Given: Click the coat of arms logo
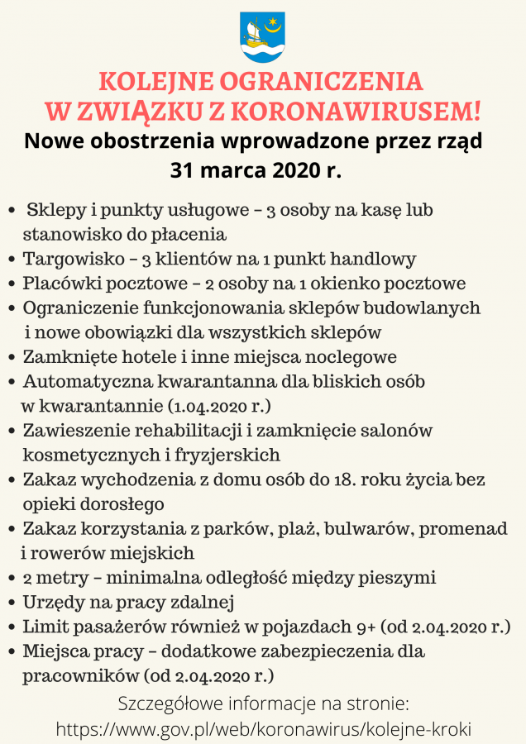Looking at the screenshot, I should [x=262, y=36].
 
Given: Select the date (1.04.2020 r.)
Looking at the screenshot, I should [x=219, y=407].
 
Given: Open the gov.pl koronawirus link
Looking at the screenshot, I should [x=264, y=729].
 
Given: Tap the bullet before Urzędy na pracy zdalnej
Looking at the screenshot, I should [x=12, y=603].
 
